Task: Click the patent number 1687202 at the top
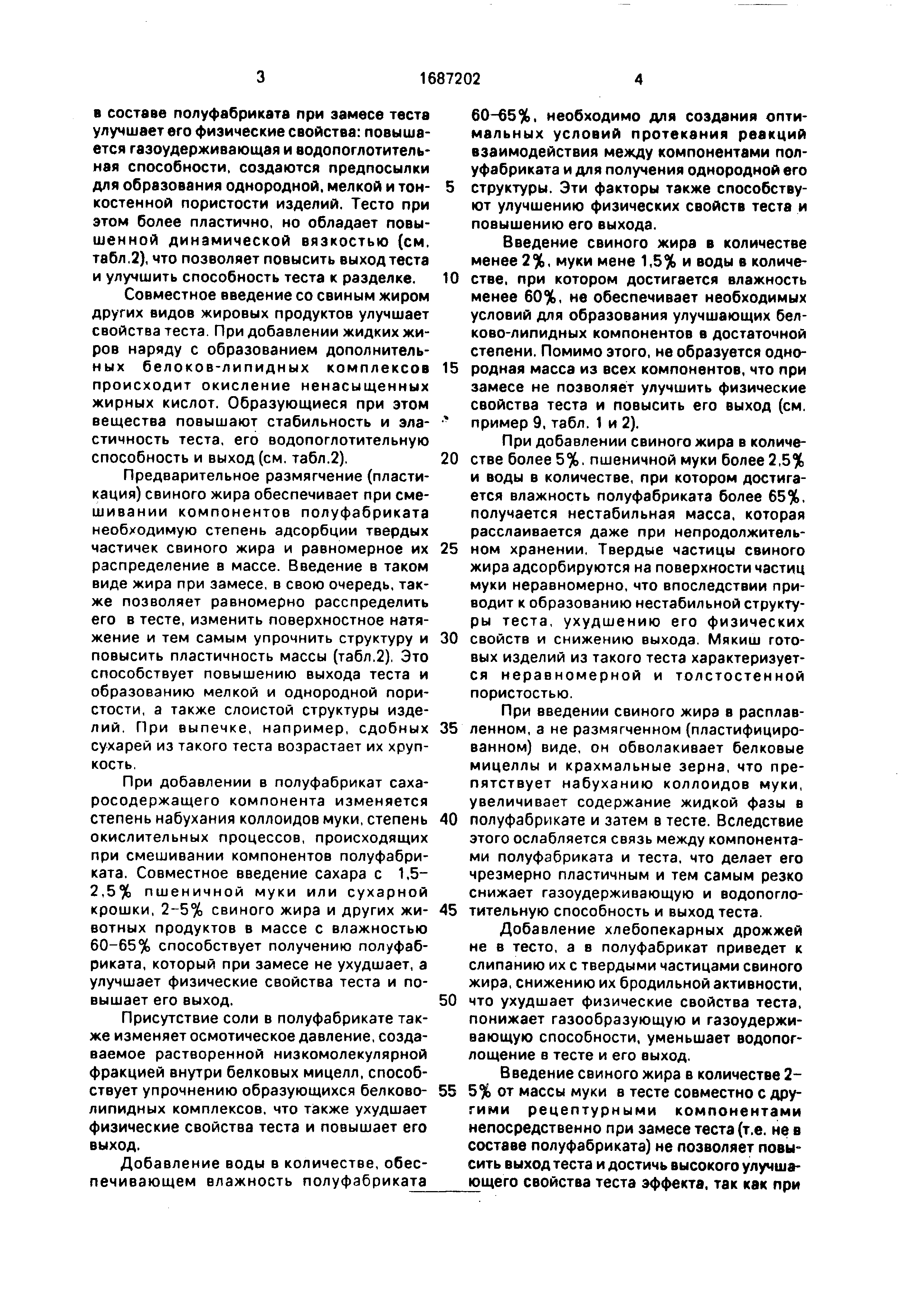449,79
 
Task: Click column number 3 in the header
260,78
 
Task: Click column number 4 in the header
638,80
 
